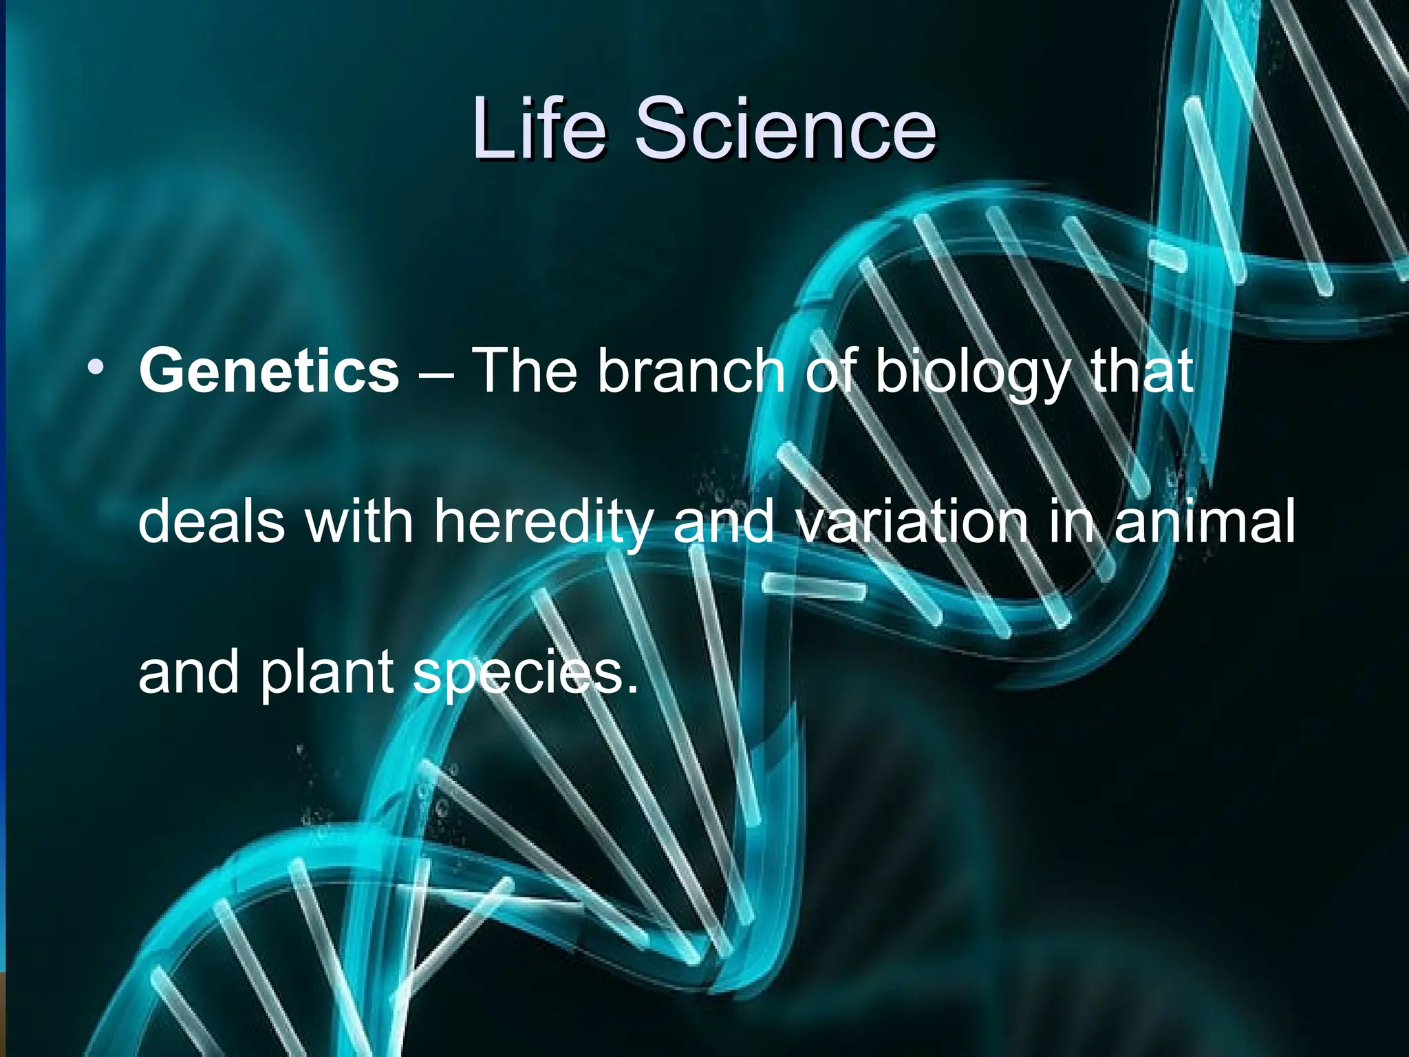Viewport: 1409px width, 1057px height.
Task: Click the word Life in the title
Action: (x=539, y=128)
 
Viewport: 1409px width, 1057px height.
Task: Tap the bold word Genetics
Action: (x=268, y=372)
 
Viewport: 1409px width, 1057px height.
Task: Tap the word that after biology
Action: (x=1142, y=372)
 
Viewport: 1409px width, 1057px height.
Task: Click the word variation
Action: (x=912, y=522)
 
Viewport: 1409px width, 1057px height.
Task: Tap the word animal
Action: (x=1205, y=522)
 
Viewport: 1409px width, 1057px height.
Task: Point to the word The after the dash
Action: (x=526, y=372)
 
